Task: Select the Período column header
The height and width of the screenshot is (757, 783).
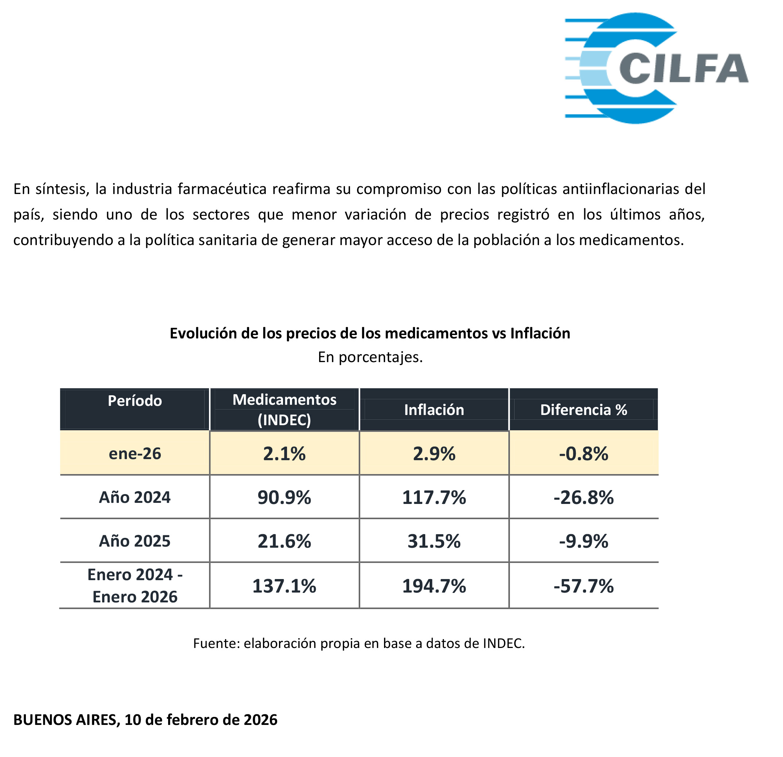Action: (x=135, y=401)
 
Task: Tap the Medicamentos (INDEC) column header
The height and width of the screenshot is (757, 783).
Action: (x=284, y=409)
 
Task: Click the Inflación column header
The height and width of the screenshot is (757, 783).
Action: (x=434, y=410)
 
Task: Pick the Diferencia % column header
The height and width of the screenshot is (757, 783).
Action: (x=583, y=410)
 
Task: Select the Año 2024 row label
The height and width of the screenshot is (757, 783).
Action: (x=135, y=497)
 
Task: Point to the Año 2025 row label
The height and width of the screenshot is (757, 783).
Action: (x=135, y=541)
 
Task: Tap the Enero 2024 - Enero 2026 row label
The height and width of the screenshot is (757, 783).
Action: (x=135, y=586)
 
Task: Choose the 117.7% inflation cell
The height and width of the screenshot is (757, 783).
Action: (x=434, y=497)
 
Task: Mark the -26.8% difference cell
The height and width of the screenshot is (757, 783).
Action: (x=583, y=497)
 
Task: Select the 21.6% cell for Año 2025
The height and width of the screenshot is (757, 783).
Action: (x=284, y=541)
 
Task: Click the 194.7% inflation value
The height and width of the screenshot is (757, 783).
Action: (x=434, y=586)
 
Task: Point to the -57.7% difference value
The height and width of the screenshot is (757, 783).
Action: (x=583, y=586)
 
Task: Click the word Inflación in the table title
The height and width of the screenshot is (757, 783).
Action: (x=540, y=333)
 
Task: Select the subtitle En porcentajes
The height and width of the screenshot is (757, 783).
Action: (x=370, y=357)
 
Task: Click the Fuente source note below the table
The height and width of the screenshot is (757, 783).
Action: (x=359, y=643)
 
